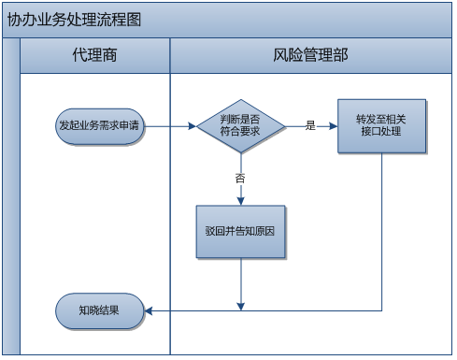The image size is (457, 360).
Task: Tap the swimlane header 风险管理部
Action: [x=311, y=56]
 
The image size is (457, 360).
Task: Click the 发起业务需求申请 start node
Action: [x=99, y=125]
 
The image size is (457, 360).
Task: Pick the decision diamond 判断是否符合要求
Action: [x=240, y=125]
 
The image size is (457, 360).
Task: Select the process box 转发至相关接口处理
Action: [x=382, y=125]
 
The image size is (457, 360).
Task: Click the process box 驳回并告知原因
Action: [x=240, y=231]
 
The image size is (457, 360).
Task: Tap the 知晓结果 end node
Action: [x=99, y=310]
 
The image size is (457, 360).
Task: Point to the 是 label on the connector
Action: [x=310, y=125]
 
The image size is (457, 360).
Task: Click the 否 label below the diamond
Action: [x=240, y=177]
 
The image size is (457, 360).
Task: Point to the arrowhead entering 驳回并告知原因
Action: [x=240, y=200]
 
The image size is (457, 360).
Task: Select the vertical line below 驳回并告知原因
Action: [x=241, y=281]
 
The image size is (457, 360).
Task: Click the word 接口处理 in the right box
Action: [x=382, y=133]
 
